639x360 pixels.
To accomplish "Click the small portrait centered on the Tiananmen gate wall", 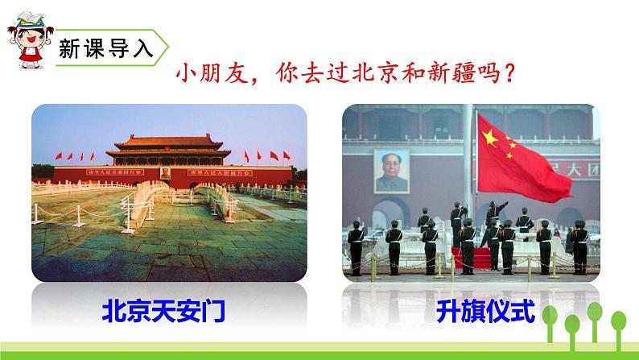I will click(166, 172).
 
